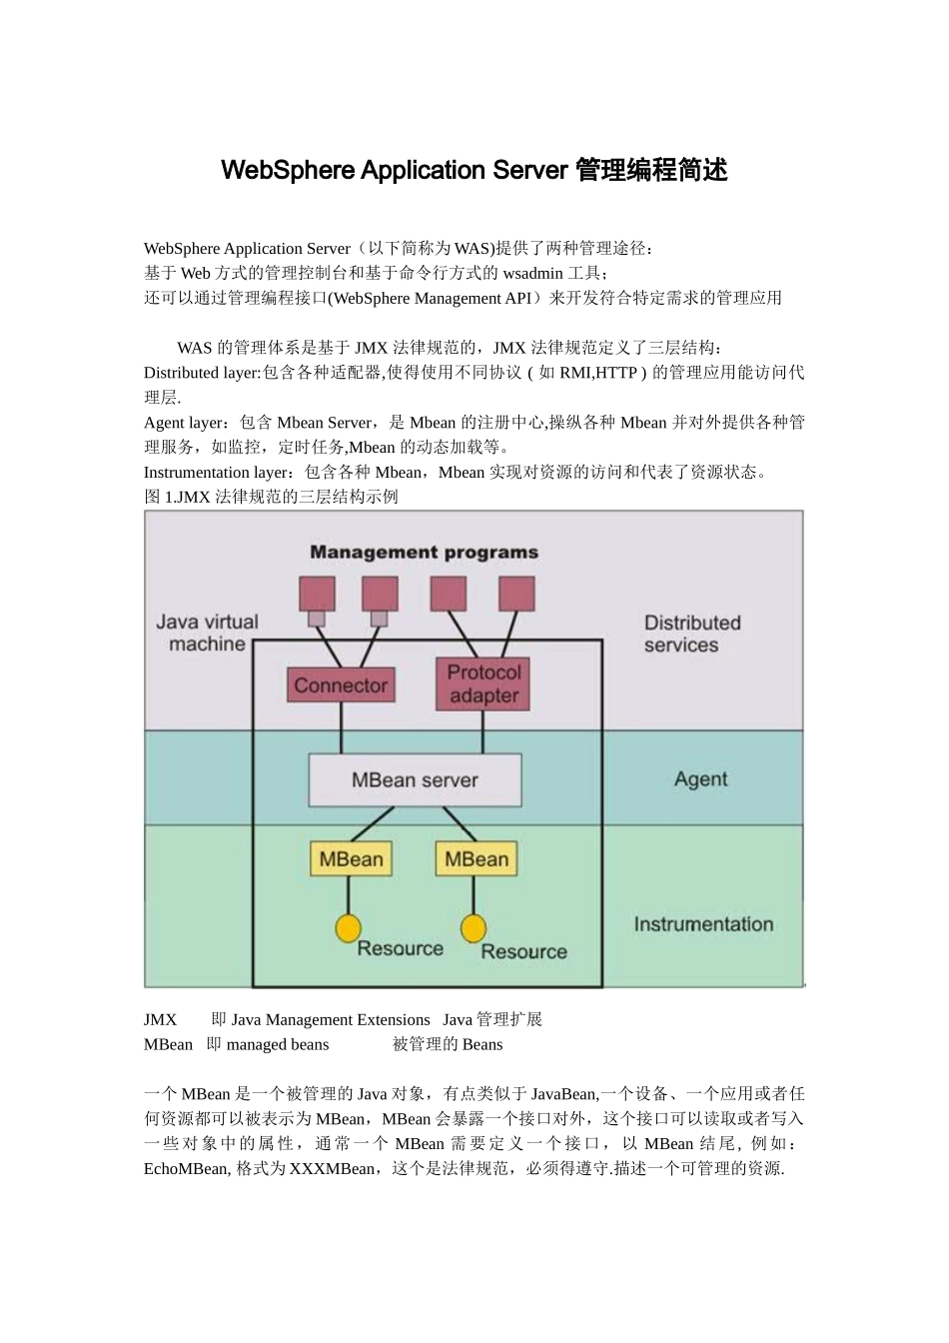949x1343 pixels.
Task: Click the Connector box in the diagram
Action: [341, 685]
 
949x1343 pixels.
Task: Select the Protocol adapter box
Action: [483, 684]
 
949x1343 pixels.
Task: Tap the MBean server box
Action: [415, 780]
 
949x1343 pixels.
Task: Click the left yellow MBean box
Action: [351, 859]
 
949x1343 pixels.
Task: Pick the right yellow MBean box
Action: [475, 859]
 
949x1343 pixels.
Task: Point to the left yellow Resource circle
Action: [348, 928]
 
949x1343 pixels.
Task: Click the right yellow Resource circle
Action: [474, 928]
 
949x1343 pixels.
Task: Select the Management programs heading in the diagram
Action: [424, 552]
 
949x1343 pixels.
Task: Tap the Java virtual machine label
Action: [207, 633]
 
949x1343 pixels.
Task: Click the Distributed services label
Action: [691, 634]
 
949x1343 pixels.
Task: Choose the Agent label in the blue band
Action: [700, 779]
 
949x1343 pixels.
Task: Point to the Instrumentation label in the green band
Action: [703, 924]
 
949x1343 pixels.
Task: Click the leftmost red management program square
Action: [318, 594]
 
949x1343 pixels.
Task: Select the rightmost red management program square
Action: [516, 594]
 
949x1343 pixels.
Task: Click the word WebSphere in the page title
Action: [288, 170]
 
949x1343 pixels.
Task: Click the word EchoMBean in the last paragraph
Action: [187, 1169]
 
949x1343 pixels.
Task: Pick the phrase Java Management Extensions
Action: [331, 1019]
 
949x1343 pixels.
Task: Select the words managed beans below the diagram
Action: [278, 1044]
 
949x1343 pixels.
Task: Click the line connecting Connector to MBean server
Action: [342, 728]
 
